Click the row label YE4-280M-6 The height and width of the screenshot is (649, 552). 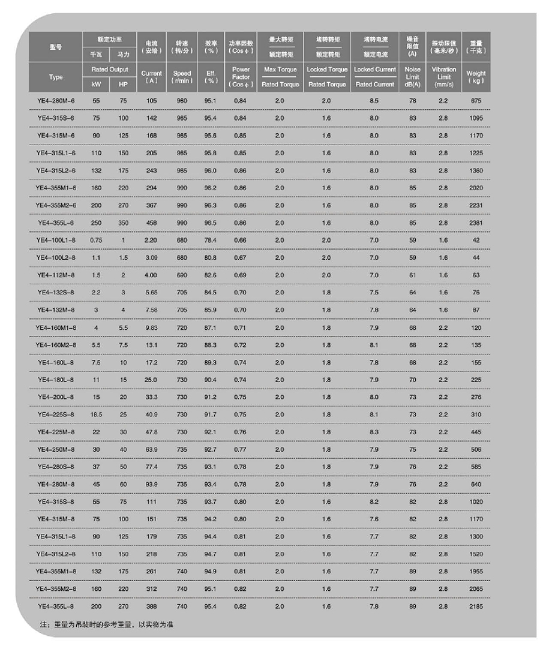[56, 101]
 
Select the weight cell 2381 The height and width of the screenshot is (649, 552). [476, 223]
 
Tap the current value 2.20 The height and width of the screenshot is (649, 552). [151, 241]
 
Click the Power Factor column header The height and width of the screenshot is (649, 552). [241, 77]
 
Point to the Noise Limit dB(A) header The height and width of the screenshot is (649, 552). [412, 77]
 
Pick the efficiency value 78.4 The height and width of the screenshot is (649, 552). [211, 241]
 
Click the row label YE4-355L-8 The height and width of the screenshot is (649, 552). [56, 606]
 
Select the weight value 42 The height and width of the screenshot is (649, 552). [476, 241]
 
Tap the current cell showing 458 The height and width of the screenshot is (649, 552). [151, 223]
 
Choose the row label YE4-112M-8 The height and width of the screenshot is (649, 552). [56, 275]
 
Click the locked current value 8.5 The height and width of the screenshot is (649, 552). [374, 101]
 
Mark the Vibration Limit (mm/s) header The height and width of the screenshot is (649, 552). [443, 77]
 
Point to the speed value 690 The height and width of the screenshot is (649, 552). [181, 275]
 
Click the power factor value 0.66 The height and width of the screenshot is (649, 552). [241, 241]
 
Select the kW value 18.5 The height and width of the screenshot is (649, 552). [96, 414]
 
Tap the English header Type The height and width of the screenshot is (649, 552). [56, 77]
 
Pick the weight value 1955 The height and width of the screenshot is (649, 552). [476, 572]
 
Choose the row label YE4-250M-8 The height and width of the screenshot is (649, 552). [56, 449]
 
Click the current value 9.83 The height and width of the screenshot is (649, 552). [151, 327]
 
